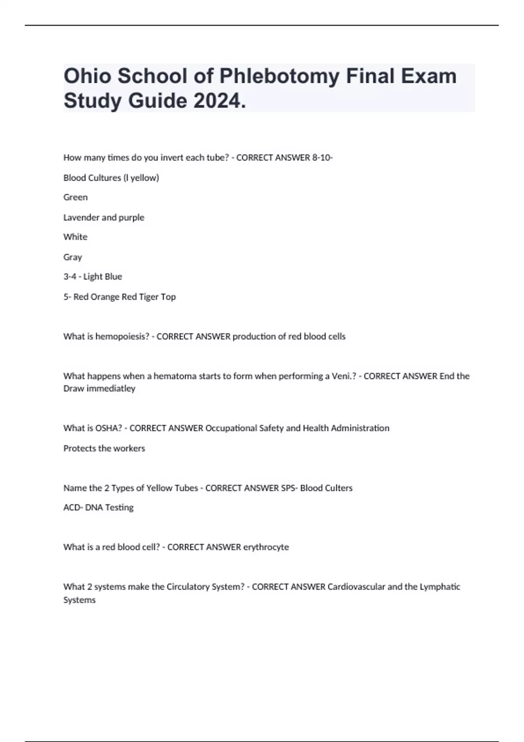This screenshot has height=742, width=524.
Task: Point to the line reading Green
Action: click(x=76, y=197)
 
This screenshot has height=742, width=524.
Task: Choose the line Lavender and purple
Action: click(x=103, y=217)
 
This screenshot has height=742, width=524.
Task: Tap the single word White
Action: click(x=75, y=237)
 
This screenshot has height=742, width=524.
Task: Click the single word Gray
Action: click(x=72, y=257)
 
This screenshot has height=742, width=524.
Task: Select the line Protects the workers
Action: click(x=104, y=448)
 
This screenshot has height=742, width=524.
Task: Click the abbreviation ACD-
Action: click(x=73, y=508)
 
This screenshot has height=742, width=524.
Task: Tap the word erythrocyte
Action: click(x=266, y=547)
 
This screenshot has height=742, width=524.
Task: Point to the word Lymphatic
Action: click(x=440, y=587)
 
